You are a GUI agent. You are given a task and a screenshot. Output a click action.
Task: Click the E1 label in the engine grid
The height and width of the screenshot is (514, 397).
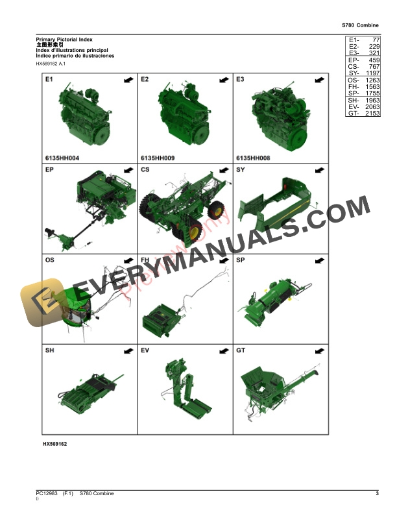click(49, 80)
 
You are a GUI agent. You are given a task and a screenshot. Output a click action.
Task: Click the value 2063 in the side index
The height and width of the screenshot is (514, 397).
click(372, 106)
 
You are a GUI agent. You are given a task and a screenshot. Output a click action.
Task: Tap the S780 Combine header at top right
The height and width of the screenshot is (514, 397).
click(360, 24)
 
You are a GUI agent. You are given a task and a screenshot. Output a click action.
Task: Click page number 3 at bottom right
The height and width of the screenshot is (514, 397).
click(377, 494)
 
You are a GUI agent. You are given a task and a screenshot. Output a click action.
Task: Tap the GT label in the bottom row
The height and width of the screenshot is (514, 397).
click(241, 350)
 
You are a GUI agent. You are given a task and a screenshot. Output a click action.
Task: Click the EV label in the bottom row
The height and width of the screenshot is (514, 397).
click(145, 350)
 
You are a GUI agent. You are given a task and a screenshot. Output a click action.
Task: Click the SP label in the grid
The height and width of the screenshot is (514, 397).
click(241, 260)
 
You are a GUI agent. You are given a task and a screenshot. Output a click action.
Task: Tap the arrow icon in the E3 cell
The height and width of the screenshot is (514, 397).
click(319, 80)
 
